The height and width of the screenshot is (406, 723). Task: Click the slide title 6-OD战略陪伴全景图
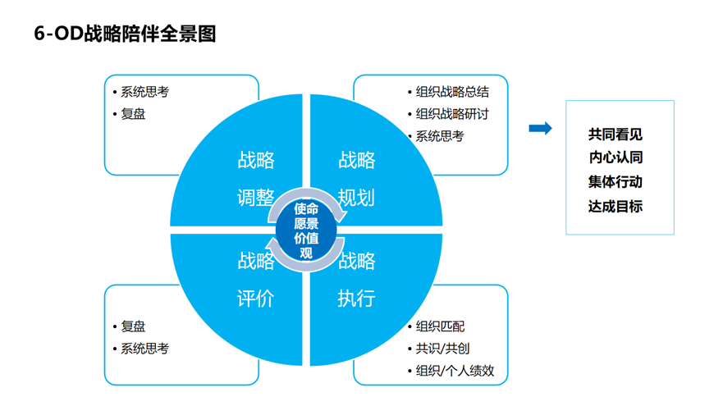point(125,34)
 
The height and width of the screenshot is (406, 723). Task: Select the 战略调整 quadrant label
point(255,179)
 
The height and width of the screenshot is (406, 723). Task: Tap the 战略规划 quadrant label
point(357,179)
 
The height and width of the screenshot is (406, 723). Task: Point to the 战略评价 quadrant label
point(255,280)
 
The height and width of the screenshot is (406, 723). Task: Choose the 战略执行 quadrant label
point(357,280)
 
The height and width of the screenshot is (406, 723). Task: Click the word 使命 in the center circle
point(306,209)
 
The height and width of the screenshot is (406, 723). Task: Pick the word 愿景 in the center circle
point(306,224)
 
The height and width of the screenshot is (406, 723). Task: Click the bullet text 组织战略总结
point(451,92)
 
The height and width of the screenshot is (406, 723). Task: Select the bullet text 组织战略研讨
point(451,114)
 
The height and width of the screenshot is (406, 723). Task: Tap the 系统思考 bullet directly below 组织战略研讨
point(439,136)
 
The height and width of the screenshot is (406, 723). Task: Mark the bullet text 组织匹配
point(440,326)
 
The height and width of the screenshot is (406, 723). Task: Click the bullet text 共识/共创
point(442,349)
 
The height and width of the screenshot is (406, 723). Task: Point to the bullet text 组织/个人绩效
point(455,371)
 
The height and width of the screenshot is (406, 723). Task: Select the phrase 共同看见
point(615,135)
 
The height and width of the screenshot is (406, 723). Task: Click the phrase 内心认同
point(615,158)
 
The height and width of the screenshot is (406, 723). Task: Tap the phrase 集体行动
point(615,182)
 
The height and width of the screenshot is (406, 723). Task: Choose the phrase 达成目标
point(615,206)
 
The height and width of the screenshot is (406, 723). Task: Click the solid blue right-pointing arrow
point(540,128)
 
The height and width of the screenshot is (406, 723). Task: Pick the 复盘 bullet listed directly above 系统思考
point(133,326)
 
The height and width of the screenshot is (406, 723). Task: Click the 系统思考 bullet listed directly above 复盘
point(144,92)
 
